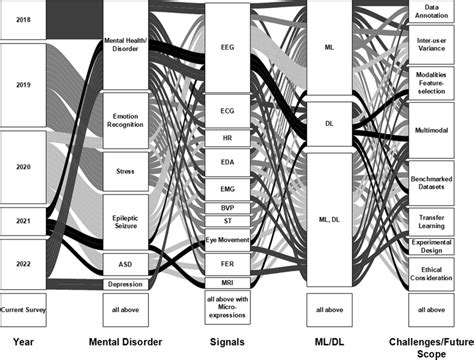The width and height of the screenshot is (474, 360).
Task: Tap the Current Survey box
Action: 22,310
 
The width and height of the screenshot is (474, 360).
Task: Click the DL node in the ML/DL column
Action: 330,125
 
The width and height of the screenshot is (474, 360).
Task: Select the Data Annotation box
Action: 437,11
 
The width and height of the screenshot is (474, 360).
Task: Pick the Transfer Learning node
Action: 437,222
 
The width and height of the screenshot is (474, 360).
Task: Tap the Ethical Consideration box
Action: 437,274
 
